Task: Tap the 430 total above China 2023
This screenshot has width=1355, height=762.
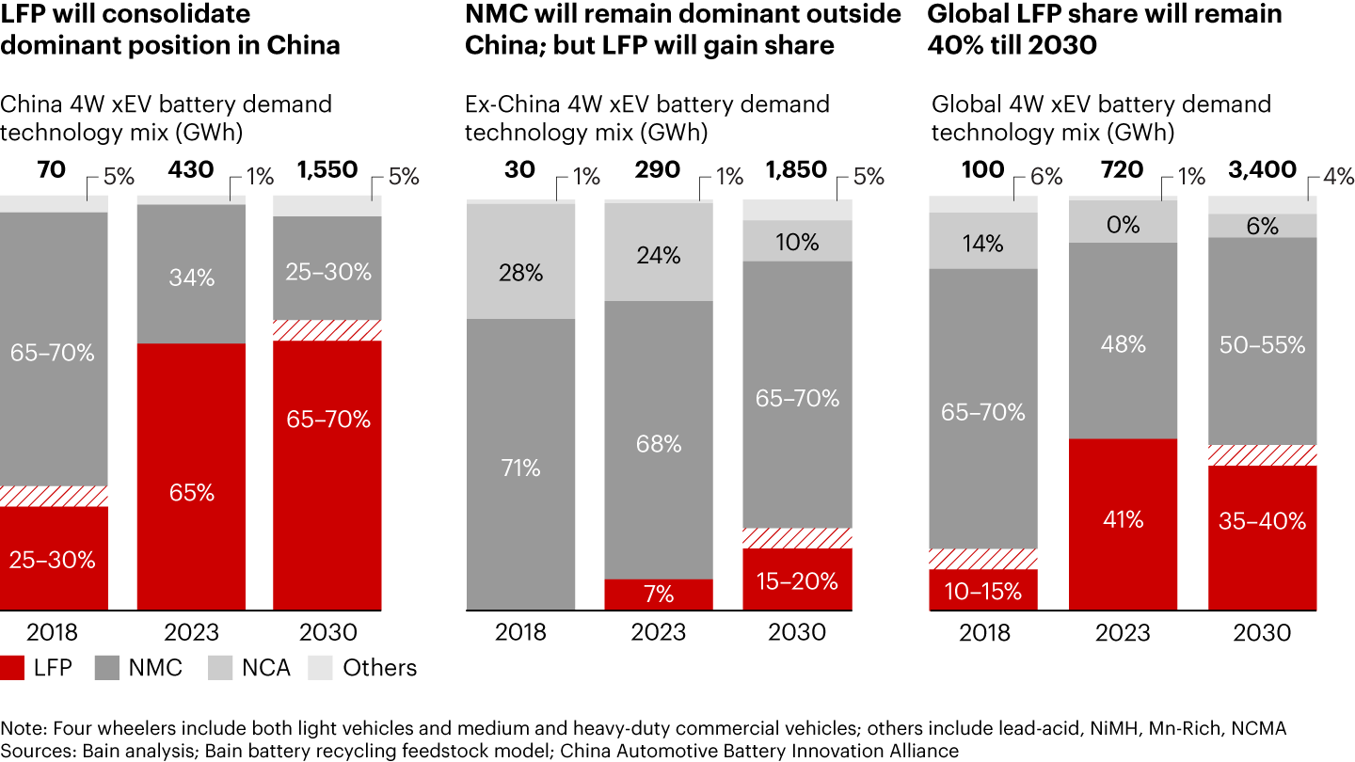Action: (191, 170)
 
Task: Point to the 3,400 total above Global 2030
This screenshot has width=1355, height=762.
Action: (1262, 170)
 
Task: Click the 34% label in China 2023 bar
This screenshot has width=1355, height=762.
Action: (192, 278)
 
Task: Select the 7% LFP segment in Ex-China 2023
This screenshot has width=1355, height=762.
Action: (659, 594)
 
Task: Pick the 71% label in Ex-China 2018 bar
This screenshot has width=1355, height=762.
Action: (520, 468)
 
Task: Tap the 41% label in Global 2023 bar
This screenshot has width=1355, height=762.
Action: (1124, 519)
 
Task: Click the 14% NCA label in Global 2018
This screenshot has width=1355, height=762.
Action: (982, 244)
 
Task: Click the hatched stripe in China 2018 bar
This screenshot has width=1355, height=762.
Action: (54, 496)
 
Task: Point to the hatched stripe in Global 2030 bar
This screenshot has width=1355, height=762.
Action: (1262, 455)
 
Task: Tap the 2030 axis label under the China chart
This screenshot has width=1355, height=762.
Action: (327, 632)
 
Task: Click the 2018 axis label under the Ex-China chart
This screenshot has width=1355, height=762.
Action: (520, 632)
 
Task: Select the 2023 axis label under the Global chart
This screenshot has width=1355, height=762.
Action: (1124, 632)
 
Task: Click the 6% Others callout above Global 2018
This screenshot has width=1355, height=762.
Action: (1045, 176)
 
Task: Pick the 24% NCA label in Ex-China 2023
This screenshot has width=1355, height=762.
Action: (659, 255)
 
